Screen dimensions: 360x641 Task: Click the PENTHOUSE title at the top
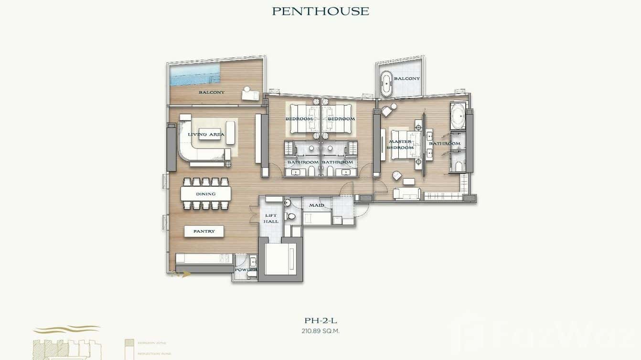320,11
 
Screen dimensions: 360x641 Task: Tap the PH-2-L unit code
320,320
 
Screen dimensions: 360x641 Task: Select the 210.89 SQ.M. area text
320,330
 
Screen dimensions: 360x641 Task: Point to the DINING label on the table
205,194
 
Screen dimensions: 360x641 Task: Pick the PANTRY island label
204,231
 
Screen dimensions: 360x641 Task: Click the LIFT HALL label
271,218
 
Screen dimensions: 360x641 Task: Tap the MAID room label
316,205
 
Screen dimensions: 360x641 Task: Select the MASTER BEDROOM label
400,145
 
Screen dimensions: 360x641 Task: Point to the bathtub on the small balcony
386,85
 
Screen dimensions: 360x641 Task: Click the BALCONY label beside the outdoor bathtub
407,78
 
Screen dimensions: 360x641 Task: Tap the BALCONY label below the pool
212,92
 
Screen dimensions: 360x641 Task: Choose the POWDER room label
246,270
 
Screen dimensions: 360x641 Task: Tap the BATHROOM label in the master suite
444,144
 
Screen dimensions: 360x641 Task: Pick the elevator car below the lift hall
279,259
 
